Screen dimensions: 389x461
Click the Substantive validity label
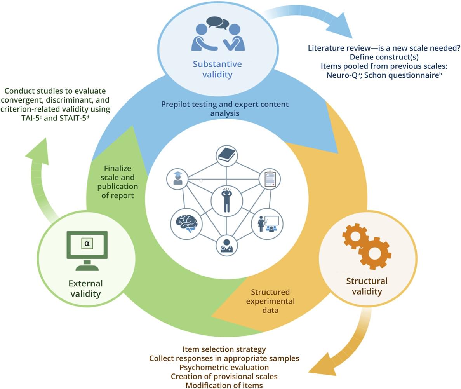217,69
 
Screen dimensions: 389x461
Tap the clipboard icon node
270,179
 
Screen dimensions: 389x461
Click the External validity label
86,288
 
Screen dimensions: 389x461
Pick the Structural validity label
367,286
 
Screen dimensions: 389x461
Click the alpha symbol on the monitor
87,243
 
